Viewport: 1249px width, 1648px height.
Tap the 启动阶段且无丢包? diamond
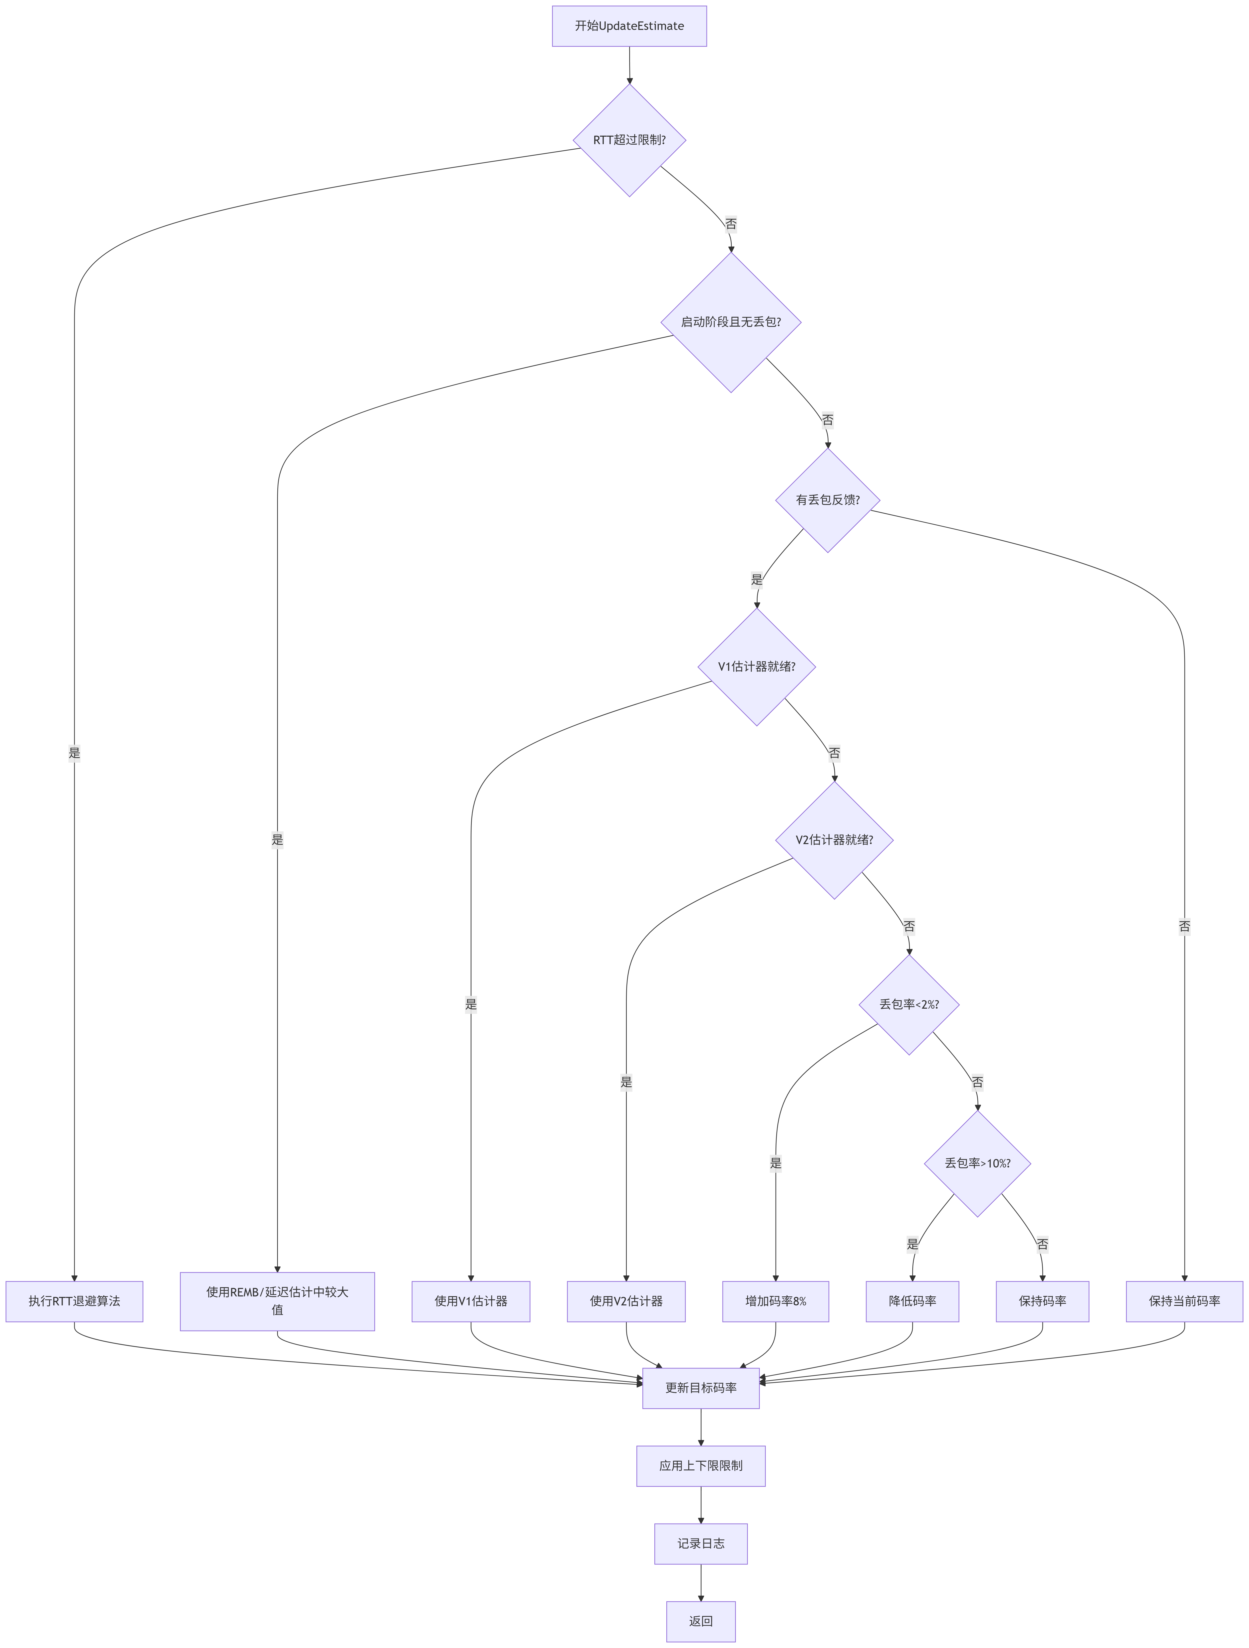[731, 322]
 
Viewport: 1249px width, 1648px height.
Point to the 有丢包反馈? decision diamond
[827, 500]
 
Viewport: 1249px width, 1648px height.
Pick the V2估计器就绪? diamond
[834, 840]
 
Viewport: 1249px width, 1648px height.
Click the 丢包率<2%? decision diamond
[909, 1004]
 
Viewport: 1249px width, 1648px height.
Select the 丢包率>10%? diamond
[977, 1163]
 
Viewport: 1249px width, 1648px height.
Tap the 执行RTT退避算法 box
[75, 1301]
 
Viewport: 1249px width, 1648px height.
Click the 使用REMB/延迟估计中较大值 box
[277, 1301]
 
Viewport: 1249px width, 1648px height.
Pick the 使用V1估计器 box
[471, 1301]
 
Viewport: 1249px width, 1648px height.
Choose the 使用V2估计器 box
[625, 1301]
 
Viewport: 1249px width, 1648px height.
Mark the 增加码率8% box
[775, 1301]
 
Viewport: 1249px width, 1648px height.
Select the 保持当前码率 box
[1184, 1301]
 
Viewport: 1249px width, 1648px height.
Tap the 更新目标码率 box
[700, 1388]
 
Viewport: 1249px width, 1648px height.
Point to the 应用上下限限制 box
[700, 1465]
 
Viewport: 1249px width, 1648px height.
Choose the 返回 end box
[700, 1621]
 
